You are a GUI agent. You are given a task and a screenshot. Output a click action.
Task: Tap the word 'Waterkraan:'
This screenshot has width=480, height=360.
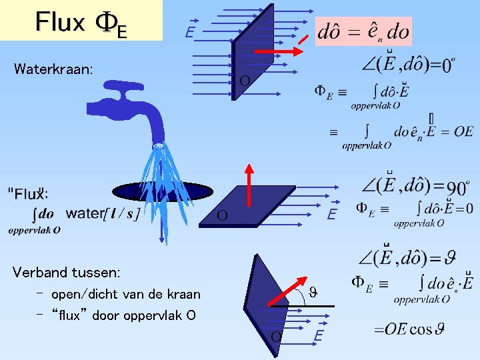coord(54,69)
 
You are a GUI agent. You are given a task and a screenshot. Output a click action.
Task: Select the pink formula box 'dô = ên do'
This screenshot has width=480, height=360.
coord(364,31)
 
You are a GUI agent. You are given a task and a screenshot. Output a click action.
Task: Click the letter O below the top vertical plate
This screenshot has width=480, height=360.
coord(245,81)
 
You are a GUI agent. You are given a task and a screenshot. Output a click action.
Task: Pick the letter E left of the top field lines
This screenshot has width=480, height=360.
coord(190,32)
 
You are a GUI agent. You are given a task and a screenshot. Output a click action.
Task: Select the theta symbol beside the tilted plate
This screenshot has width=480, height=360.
coord(313,291)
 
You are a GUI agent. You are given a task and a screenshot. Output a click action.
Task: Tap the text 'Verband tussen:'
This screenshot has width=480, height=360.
coord(67,272)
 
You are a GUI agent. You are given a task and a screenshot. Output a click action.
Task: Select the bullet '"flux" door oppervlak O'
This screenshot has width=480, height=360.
coord(123,315)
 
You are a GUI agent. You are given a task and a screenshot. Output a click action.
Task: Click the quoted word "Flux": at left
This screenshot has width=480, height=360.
coord(27,194)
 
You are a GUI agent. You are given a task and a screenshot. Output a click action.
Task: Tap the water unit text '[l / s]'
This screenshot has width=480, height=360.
coord(122,214)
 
